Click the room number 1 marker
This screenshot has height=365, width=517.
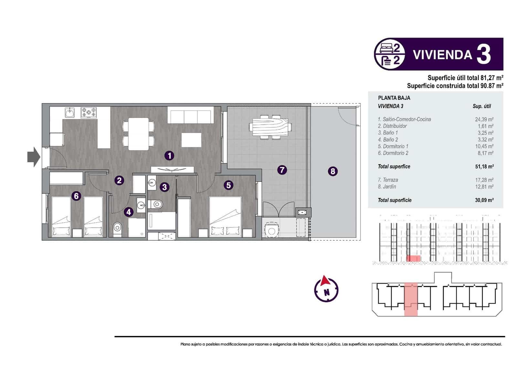pos(169,156)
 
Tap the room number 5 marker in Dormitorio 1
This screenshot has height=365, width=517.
pos(228,185)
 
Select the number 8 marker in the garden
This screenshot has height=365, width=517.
pos(332,171)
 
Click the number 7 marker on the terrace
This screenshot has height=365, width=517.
pos(282,170)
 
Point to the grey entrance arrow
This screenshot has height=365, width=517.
pos(33,157)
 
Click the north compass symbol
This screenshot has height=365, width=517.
pos(326,289)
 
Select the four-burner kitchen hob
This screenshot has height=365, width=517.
pos(89,112)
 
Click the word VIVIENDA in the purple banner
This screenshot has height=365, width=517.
pos(442,55)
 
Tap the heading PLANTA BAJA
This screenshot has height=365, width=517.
pos(394,98)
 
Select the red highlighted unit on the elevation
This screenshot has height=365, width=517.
pos(413,258)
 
